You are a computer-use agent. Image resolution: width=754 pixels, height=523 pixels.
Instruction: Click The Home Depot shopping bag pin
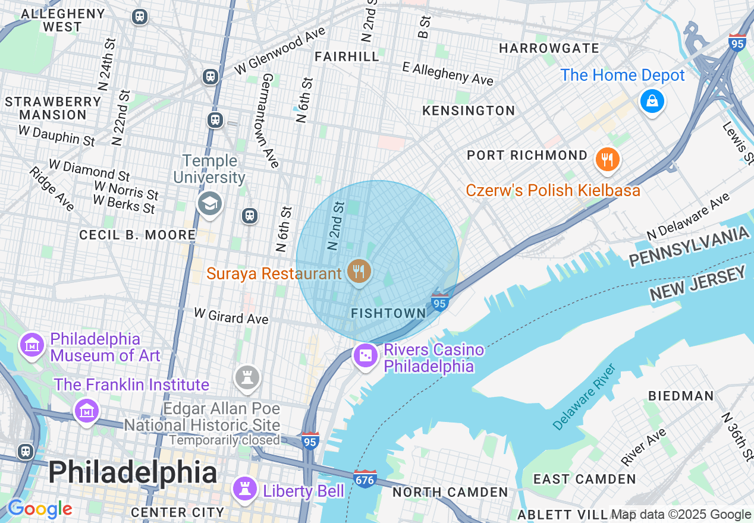click(x=652, y=101)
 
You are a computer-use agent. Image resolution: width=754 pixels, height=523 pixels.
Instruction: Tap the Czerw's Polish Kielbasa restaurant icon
click(x=607, y=159)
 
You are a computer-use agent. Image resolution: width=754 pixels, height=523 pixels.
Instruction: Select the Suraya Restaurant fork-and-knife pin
click(x=358, y=272)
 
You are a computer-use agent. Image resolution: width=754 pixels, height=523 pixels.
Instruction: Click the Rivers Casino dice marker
click(x=366, y=356)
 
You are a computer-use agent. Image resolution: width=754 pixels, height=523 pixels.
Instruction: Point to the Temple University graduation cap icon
click(x=209, y=204)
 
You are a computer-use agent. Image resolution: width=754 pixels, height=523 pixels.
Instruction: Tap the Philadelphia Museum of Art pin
click(x=32, y=344)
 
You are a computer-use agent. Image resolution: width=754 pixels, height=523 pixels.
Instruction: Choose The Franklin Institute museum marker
click(x=86, y=410)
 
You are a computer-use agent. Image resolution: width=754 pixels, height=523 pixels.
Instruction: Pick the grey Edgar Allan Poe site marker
click(x=247, y=377)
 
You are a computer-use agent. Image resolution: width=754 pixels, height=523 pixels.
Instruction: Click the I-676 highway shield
click(x=365, y=478)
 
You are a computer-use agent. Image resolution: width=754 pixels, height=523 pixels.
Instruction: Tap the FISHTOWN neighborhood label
click(x=389, y=313)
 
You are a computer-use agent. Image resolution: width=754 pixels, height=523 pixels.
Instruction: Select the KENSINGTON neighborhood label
click(x=469, y=111)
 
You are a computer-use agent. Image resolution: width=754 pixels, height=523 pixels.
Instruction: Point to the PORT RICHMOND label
click(x=527, y=155)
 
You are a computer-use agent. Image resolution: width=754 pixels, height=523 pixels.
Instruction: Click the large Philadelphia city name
click(x=132, y=473)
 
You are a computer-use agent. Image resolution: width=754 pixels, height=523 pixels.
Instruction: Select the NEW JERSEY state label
click(x=697, y=283)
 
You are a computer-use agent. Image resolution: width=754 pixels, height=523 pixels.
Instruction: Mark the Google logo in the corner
click(x=39, y=509)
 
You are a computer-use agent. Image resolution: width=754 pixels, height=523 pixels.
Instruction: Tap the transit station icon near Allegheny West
click(x=140, y=17)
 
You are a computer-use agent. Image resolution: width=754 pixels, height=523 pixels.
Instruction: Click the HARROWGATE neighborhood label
click(x=549, y=48)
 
